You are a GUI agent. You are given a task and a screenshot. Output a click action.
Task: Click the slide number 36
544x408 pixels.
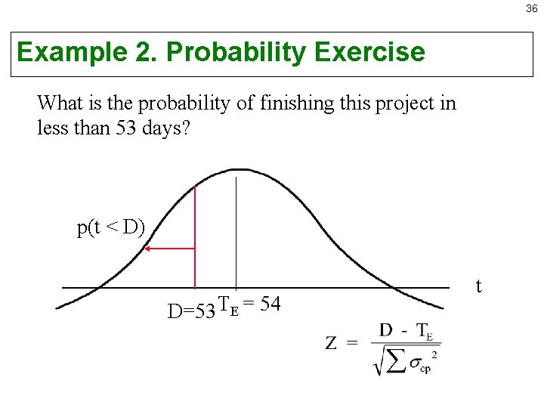[x=532, y=9]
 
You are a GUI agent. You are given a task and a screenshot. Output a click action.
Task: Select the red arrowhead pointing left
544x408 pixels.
[x=149, y=248]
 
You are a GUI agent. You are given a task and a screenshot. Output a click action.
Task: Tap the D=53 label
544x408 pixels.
[x=191, y=311]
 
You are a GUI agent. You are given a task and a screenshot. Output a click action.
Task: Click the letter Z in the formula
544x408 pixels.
[x=332, y=344]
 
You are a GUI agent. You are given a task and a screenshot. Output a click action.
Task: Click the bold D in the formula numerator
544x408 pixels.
[x=386, y=330]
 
